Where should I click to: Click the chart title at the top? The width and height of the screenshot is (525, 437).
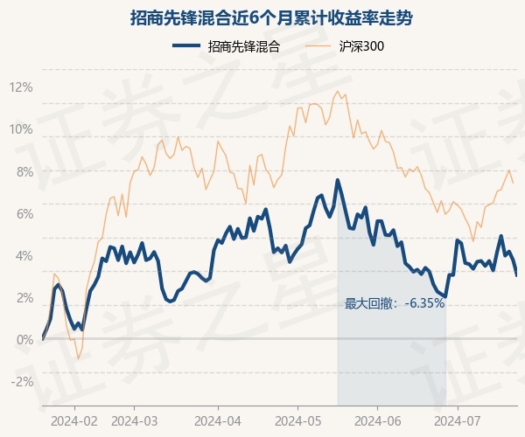(x=271, y=18)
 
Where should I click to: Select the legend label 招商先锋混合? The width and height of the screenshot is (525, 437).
(x=244, y=46)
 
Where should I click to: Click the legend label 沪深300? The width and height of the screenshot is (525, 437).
(x=361, y=46)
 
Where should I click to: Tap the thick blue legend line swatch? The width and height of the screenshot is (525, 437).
(x=186, y=45)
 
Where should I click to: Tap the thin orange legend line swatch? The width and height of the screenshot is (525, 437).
(x=318, y=45)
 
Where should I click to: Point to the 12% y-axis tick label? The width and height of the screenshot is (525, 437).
(x=21, y=87)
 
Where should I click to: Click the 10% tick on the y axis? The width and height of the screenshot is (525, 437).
(x=21, y=129)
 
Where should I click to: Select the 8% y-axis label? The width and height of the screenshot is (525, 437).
(x=25, y=172)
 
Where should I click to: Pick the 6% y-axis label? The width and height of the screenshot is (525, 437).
(x=25, y=214)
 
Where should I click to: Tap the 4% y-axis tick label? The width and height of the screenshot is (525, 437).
(x=25, y=256)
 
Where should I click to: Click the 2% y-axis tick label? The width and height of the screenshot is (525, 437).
(x=25, y=298)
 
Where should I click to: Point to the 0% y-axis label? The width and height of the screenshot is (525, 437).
(x=25, y=340)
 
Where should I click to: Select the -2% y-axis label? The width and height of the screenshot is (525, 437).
(x=23, y=382)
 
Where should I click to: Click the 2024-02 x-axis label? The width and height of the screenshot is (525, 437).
(x=74, y=421)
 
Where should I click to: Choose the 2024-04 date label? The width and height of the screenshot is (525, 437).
(x=218, y=421)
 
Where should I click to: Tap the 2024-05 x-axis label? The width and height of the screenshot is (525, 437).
(x=298, y=421)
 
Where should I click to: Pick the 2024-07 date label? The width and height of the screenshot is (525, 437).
(x=458, y=421)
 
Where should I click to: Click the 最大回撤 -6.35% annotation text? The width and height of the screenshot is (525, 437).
(x=395, y=303)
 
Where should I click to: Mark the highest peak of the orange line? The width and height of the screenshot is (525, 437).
(x=338, y=91)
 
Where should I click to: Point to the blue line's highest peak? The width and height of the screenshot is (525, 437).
(x=338, y=180)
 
